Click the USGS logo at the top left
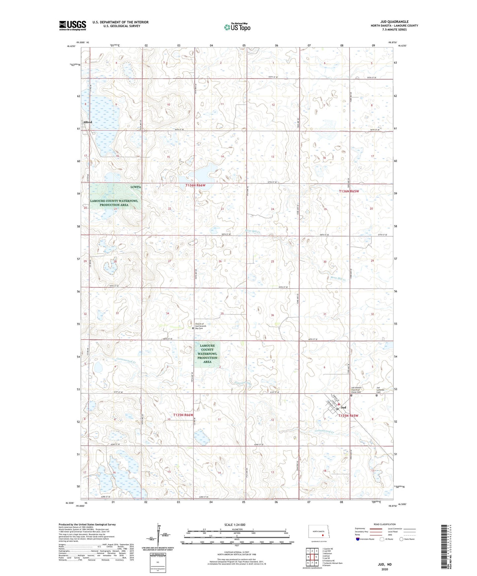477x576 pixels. click(72, 25)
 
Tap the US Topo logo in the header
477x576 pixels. click(237, 27)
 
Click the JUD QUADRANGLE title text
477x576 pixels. click(394, 22)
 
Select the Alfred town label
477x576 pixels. click(87, 122)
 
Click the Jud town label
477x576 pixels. click(343, 408)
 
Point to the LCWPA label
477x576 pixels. click(136, 187)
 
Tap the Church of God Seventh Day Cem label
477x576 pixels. click(200, 326)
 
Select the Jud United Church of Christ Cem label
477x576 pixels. click(357, 389)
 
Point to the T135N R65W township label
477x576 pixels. click(348, 416)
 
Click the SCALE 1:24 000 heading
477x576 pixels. click(235, 525)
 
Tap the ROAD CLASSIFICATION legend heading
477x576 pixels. click(384, 524)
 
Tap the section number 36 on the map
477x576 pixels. click(272, 315)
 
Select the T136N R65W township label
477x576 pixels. click(349, 191)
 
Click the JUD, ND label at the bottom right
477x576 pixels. click(385, 564)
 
